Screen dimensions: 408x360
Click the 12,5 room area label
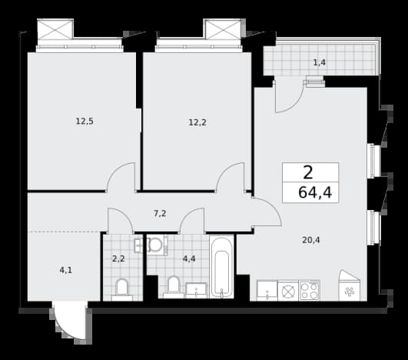pyautogui.click(x=85, y=121)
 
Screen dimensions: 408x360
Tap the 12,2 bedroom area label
pyautogui.click(x=197, y=122)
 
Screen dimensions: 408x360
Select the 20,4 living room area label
pyautogui.click(x=311, y=240)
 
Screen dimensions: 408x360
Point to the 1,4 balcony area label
pyautogui.click(x=320, y=62)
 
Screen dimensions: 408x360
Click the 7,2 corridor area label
pyautogui.click(x=160, y=214)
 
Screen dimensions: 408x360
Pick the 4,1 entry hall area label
pyautogui.click(x=65, y=270)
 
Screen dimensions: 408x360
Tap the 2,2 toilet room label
pyautogui.click(x=118, y=258)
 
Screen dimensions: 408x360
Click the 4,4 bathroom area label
pyautogui.click(x=189, y=259)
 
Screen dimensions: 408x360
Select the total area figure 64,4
pyautogui.click(x=315, y=193)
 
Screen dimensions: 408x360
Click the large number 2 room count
pyautogui.click(x=308, y=172)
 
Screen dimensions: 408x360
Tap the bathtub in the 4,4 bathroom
pyautogui.click(x=222, y=267)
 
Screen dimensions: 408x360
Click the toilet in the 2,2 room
pyautogui.click(x=121, y=290)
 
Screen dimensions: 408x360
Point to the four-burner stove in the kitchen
pyautogui.click(x=309, y=291)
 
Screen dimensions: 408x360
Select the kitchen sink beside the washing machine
pyautogui.click(x=267, y=291)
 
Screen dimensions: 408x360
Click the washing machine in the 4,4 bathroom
pyautogui.click(x=157, y=245)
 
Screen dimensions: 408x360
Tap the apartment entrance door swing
pyautogui.click(x=69, y=322)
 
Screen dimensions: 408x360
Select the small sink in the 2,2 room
pyautogui.click(x=138, y=245)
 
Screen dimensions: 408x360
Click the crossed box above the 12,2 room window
pyautogui.click(x=224, y=29)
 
